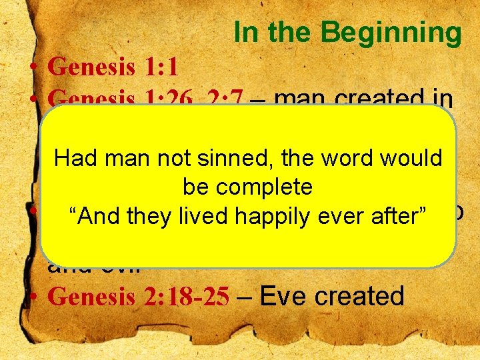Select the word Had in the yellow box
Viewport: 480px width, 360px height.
[x=71, y=158]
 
